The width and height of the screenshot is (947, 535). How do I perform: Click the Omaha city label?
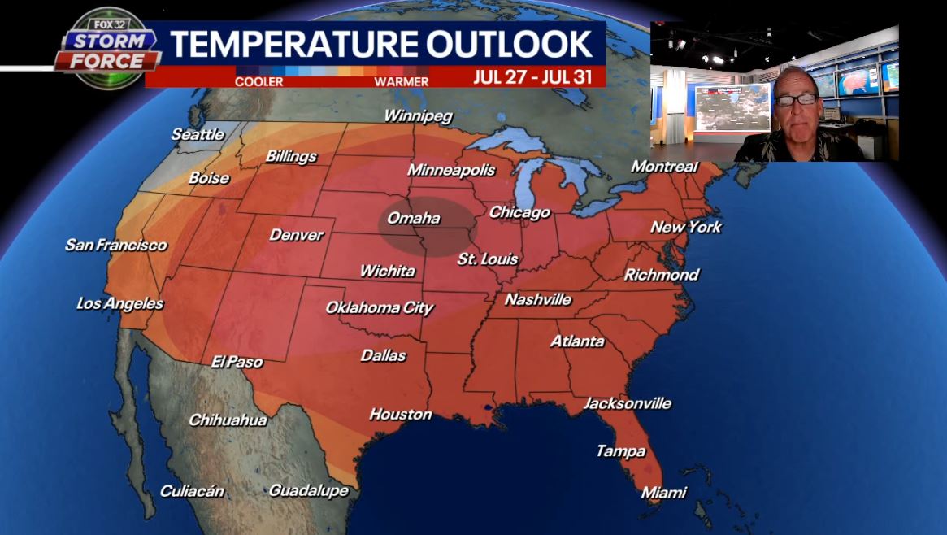[413, 218]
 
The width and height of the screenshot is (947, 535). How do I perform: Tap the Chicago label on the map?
[519, 212]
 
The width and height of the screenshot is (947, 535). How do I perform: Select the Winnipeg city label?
[417, 115]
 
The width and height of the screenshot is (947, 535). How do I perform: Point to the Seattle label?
[198, 134]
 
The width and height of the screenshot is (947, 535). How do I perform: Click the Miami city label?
[663, 492]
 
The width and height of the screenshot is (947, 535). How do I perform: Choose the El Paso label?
[237, 361]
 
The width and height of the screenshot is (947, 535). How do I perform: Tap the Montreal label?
[665, 167]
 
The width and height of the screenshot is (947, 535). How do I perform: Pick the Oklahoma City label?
[379, 307]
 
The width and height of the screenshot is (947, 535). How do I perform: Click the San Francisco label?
[115, 244]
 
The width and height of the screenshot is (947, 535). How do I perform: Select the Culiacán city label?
[192, 490]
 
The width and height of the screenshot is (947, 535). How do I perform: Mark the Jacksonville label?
[628, 403]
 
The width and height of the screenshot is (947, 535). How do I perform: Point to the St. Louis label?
[488, 259]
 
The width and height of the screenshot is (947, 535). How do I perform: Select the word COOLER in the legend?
[258, 81]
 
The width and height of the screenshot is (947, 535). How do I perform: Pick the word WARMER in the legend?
[401, 81]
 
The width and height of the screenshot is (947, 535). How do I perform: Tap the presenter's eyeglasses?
[795, 100]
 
